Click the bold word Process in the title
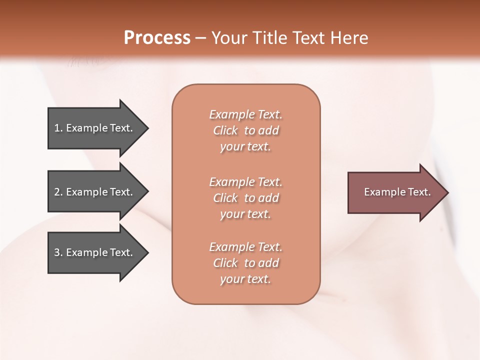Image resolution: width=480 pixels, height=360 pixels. coord(157,38)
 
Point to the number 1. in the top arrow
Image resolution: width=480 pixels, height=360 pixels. coord(58,128)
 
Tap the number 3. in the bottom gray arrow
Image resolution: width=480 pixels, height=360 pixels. coord(58,253)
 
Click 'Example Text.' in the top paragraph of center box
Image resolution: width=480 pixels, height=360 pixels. coord(245,114)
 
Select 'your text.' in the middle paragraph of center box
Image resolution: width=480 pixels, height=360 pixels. coord(245,214)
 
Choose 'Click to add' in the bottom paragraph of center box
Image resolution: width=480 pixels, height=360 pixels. coord(245,263)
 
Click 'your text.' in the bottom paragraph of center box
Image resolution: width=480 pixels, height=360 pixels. coord(245,279)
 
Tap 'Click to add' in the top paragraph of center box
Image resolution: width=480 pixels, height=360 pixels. coord(245,130)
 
